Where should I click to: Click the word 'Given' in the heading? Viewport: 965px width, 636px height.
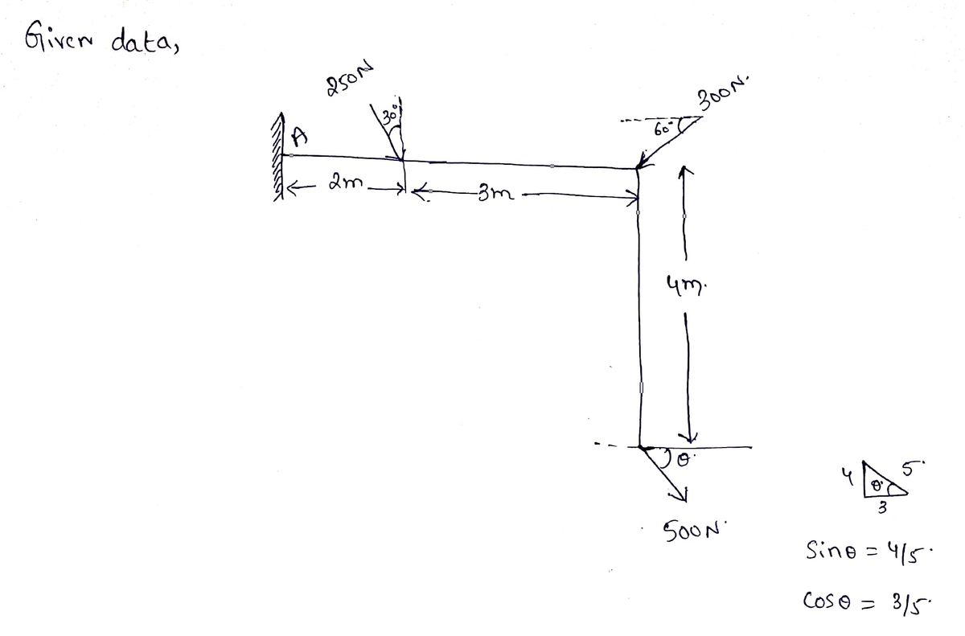(58, 39)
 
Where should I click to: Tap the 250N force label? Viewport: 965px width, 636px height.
(349, 80)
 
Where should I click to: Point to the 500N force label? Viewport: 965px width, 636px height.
(693, 531)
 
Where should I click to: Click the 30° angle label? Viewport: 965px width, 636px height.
(391, 116)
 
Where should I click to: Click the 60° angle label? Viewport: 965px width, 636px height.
(663, 129)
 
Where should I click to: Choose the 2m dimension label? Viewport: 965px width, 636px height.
(346, 183)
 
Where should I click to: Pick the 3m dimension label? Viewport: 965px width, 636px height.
(496, 194)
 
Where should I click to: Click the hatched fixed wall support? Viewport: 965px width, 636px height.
(278, 157)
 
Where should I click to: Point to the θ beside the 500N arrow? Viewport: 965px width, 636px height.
(684, 461)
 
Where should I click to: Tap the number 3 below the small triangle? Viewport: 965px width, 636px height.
(882, 508)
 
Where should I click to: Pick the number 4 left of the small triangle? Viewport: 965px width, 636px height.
(848, 477)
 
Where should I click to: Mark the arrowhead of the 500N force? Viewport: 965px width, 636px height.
(680, 497)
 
